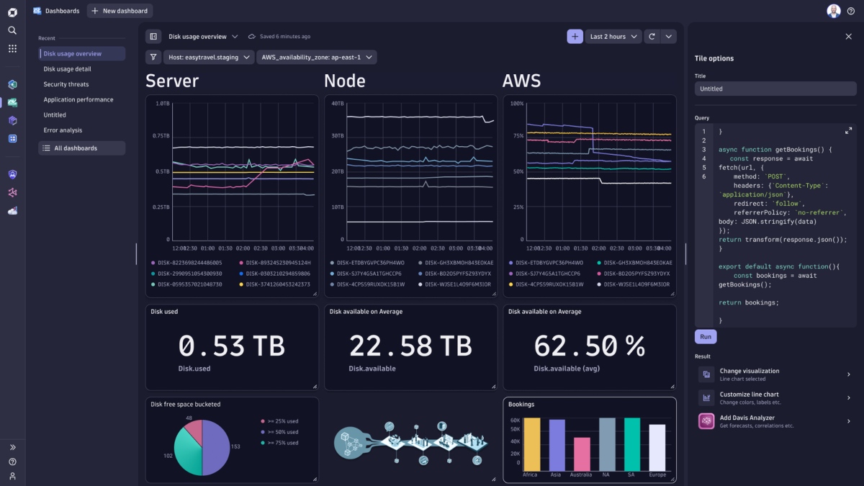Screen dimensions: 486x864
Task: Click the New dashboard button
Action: click(x=120, y=11)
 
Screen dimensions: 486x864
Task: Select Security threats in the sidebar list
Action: click(x=66, y=84)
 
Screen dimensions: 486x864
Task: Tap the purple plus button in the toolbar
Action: click(x=575, y=37)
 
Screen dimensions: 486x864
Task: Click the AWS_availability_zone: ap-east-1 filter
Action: click(x=317, y=58)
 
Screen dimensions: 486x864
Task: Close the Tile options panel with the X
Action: click(x=848, y=37)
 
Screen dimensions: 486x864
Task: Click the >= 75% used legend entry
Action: click(x=282, y=443)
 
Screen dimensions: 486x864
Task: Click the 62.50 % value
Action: click(x=589, y=346)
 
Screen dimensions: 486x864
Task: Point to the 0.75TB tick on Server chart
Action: click(x=161, y=136)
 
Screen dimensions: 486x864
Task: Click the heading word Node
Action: click(x=345, y=81)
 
